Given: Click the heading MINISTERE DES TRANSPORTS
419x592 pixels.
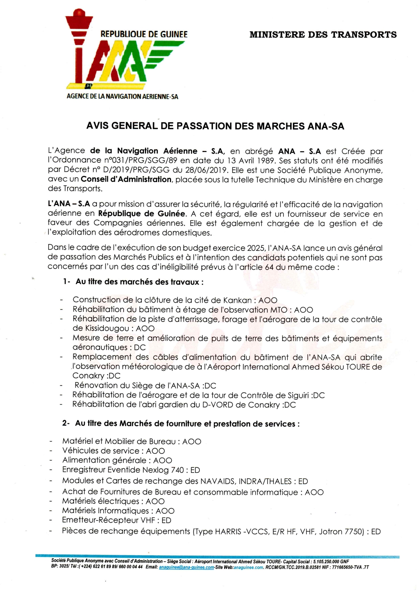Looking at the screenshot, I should [x=323, y=35].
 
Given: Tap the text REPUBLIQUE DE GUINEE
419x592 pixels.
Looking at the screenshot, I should [x=144, y=34].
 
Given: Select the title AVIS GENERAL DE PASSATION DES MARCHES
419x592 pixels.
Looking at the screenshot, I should [x=215, y=126].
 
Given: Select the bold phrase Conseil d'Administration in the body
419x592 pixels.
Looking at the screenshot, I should [x=126, y=179].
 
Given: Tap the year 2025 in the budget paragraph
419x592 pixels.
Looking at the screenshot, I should [x=256, y=248].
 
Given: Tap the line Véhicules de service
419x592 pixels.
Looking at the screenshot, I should [x=114, y=451].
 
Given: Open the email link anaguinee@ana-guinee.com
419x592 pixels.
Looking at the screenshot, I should [x=187, y=567].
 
